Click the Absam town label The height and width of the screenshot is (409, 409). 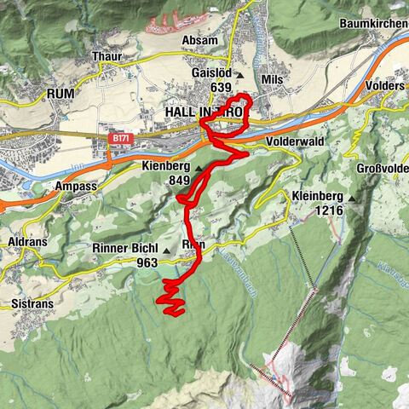tap(200, 40)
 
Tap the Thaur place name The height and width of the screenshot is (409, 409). tap(107, 56)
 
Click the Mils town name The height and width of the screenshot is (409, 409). tap(274, 78)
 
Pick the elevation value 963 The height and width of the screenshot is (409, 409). tap(147, 263)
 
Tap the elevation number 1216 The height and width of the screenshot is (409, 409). tap(328, 210)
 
